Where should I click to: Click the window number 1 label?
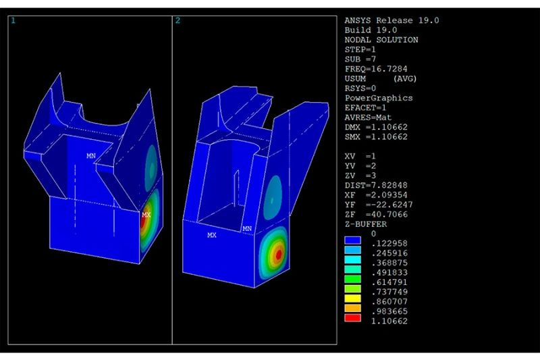point(13,21)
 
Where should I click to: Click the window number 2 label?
point(178,21)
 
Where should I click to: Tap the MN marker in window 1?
point(91,156)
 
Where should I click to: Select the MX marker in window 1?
point(146,215)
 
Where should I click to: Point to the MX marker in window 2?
point(212,235)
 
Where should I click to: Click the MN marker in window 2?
point(247,229)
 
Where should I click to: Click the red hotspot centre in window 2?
point(277,253)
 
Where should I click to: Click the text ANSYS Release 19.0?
point(391,20)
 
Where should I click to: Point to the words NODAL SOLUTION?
point(381,40)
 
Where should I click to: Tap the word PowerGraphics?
point(378,98)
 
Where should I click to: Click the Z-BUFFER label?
point(365,224)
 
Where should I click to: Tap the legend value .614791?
point(388,282)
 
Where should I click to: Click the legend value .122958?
point(388,243)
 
